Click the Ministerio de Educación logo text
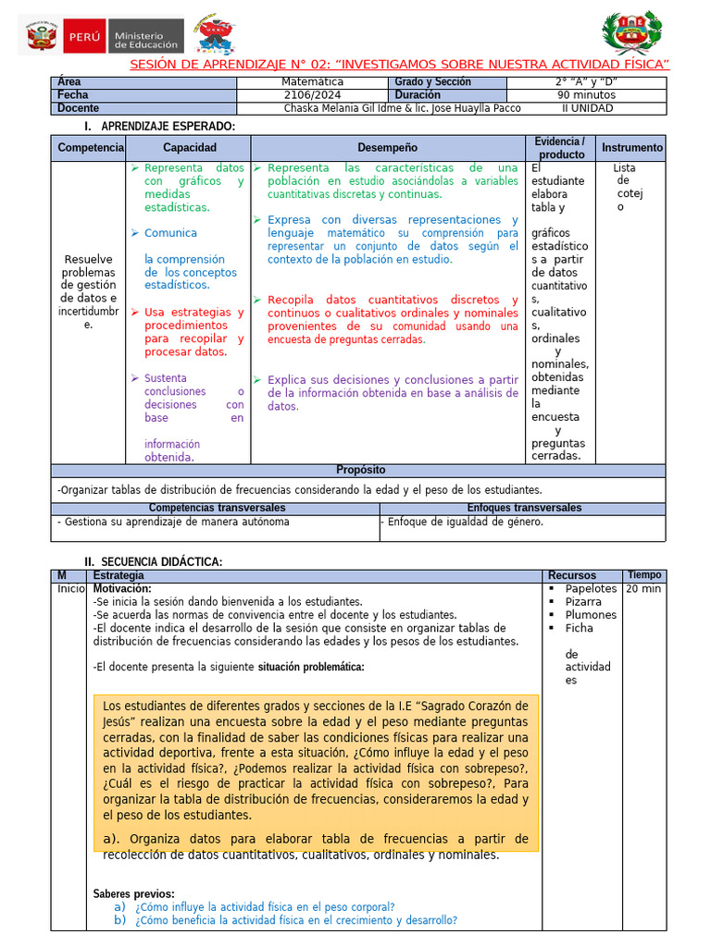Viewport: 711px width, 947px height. tap(146, 37)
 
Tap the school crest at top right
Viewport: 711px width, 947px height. tap(631, 34)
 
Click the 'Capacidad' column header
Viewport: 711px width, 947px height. tap(190, 148)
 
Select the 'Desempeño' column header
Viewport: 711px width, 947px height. tap(387, 148)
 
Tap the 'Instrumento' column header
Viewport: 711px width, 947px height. tap(632, 148)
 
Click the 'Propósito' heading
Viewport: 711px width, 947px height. tap(360, 470)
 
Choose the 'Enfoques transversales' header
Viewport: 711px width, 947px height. tap(524, 508)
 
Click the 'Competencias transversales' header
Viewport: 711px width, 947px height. tap(218, 508)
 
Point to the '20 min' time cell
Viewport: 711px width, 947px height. tap(643, 589)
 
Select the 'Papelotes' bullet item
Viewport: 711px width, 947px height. tap(591, 589)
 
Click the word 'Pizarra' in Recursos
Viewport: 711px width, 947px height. tap(583, 602)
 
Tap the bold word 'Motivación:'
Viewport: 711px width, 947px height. tap(122, 589)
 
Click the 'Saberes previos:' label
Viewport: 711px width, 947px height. tap(133, 894)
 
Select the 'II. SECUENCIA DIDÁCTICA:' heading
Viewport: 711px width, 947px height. tap(153, 561)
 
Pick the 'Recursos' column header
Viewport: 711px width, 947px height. tap(572, 576)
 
